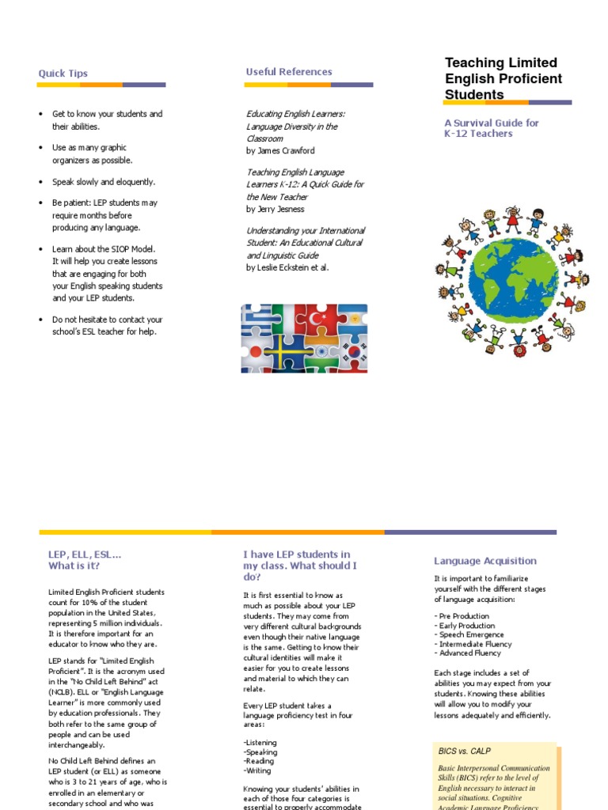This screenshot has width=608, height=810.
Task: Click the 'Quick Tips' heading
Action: tap(63, 74)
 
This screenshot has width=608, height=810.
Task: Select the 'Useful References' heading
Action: tap(289, 72)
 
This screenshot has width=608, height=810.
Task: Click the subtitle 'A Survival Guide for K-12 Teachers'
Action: tap(491, 128)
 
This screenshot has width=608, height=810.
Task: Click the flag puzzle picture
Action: tap(304, 339)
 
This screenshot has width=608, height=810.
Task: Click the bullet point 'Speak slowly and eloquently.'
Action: tap(104, 182)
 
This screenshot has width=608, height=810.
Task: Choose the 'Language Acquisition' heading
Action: tap(484, 561)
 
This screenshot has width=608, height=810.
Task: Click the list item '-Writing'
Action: tap(258, 770)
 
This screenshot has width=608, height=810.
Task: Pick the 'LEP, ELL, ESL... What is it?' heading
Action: tap(85, 560)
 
